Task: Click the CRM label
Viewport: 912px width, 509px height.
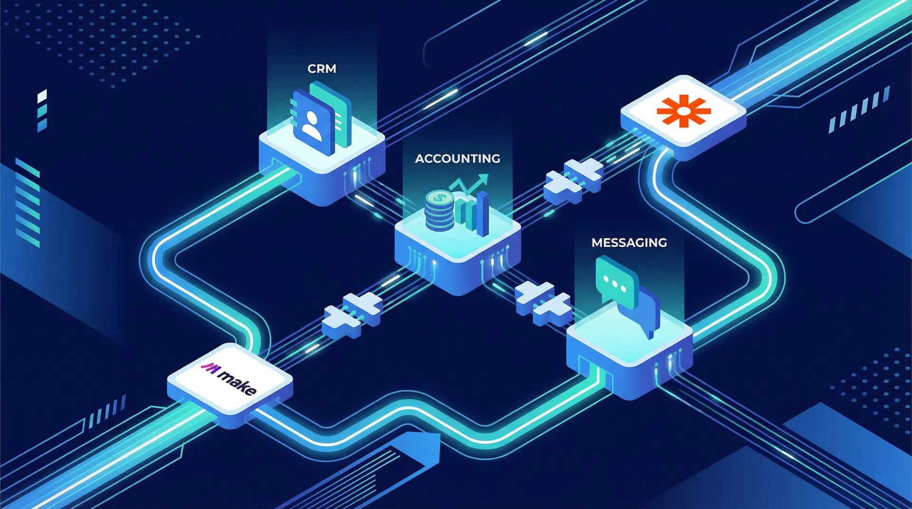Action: pos(322,69)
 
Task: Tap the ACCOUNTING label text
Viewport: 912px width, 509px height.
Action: pos(457,159)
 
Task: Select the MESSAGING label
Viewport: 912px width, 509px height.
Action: pos(629,243)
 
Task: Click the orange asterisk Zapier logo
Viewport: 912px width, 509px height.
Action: pos(683,111)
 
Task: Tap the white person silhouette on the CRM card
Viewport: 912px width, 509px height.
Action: pos(312,124)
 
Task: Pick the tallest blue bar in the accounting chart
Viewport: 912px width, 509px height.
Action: pos(483,214)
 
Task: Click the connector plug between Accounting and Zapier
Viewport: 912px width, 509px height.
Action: pos(573,181)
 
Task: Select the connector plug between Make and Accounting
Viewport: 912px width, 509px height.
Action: pos(352,315)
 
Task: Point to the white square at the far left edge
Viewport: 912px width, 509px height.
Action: pos(42,95)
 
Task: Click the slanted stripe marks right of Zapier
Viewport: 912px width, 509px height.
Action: pos(859,109)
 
